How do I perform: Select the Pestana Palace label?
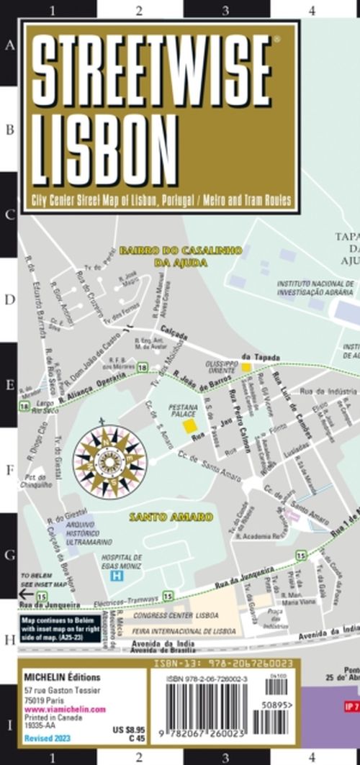182,412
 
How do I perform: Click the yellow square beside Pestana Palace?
190,426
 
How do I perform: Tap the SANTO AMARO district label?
171,517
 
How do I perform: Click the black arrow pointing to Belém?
25,594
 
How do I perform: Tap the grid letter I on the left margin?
9,723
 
